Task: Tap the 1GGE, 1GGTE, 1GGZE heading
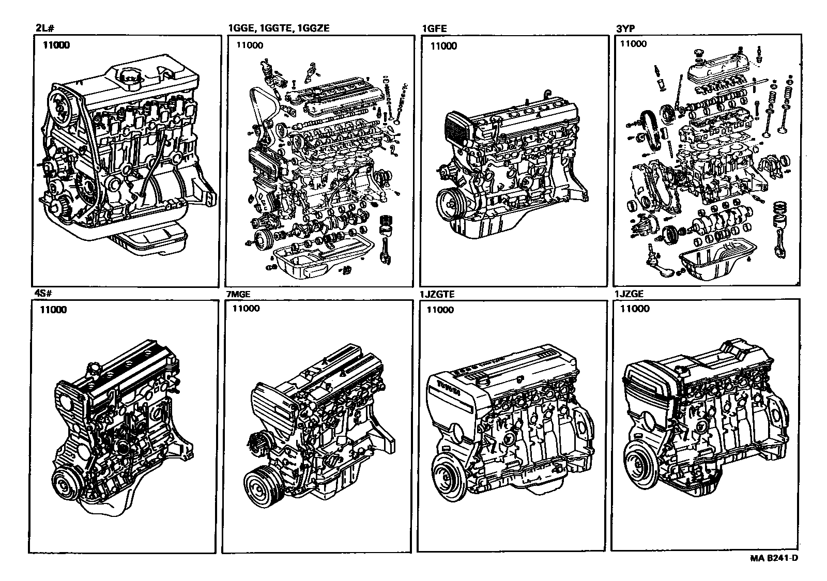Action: [x=278, y=29]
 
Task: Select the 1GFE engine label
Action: [x=434, y=29]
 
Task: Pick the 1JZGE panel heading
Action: [x=629, y=295]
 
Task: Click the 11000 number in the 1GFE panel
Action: [x=443, y=46]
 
